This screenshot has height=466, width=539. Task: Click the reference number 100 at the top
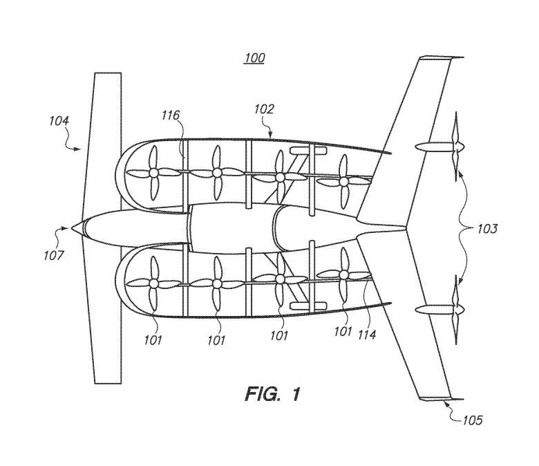pyautogui.click(x=255, y=58)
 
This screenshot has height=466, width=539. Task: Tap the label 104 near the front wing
pyautogui.click(x=59, y=121)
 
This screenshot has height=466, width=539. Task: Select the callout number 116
pyautogui.click(x=171, y=115)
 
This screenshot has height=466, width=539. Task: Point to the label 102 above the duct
pyautogui.click(x=264, y=109)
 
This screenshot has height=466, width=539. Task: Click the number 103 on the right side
pyautogui.click(x=486, y=228)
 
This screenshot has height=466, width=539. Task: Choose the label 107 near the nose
pyautogui.click(x=54, y=255)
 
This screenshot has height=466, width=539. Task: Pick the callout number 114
pyautogui.click(x=367, y=334)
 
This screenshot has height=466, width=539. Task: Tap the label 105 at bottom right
pyautogui.click(x=472, y=420)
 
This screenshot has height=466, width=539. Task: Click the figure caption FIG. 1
pyautogui.click(x=272, y=394)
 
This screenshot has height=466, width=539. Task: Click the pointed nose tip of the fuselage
pyautogui.click(x=71, y=227)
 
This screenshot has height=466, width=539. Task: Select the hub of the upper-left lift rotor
pyautogui.click(x=153, y=172)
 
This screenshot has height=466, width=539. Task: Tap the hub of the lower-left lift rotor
pyautogui.click(x=153, y=283)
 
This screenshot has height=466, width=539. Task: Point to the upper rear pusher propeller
pyautogui.click(x=456, y=147)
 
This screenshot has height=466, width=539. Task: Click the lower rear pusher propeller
pyautogui.click(x=456, y=310)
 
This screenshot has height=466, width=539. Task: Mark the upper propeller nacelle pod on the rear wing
pyautogui.click(x=434, y=147)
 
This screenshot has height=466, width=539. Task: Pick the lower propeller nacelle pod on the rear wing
pyautogui.click(x=434, y=310)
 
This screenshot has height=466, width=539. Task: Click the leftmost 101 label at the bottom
pyautogui.click(x=153, y=340)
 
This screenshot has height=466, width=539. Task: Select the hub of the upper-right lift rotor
pyautogui.click(x=343, y=181)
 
